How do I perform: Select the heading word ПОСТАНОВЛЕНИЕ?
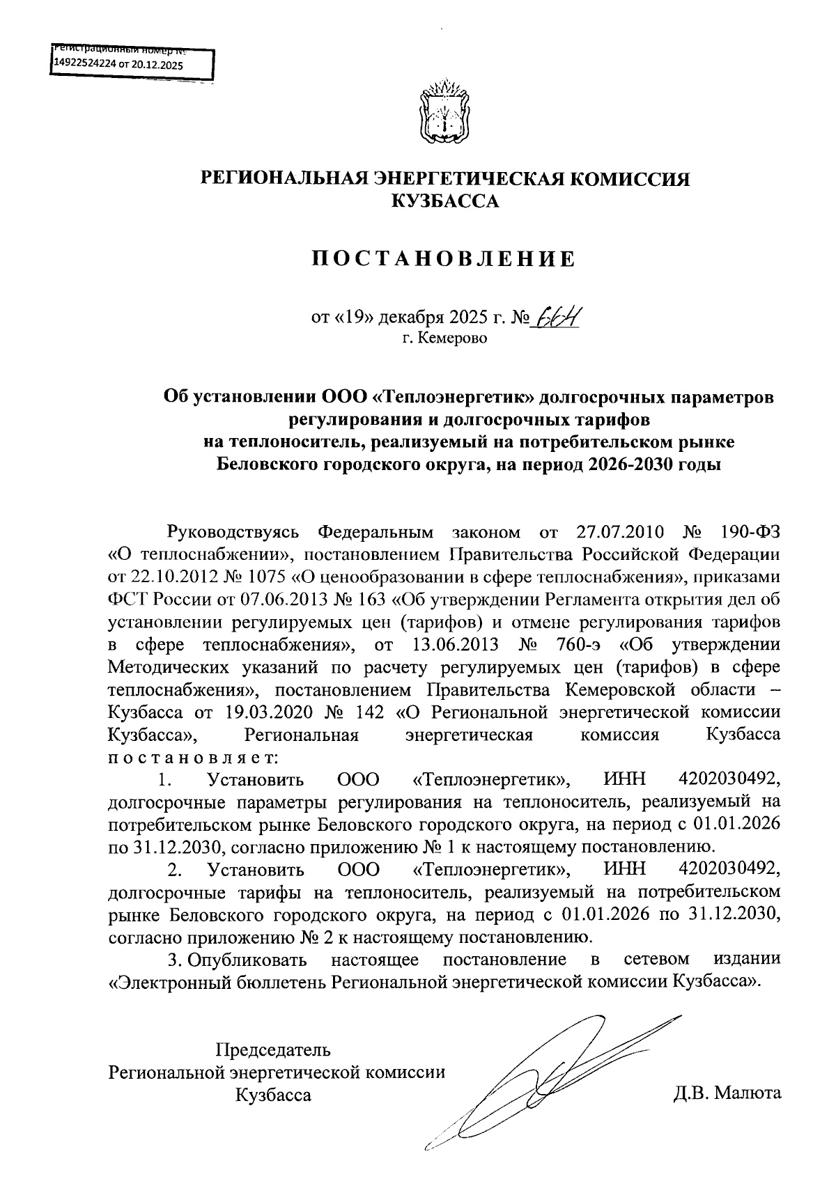click(x=444, y=260)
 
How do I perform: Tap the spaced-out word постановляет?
click(x=193, y=756)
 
